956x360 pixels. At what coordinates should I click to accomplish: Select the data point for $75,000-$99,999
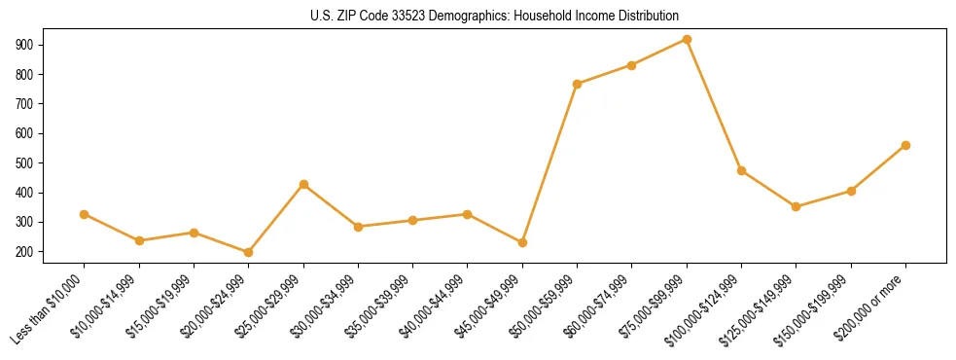point(687,40)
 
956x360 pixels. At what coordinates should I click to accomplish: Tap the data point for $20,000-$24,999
point(249,252)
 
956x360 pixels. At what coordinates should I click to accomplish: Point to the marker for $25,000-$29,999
point(303,184)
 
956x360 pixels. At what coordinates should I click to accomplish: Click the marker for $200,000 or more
point(905,145)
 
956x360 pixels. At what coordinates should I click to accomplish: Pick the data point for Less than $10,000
point(85,214)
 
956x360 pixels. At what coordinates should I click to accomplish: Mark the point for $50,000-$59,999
point(577,84)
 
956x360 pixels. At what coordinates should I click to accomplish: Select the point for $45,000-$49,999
point(522,242)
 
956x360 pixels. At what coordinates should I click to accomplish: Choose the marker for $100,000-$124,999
point(741,170)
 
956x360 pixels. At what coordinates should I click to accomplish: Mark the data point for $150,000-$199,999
point(851,191)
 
